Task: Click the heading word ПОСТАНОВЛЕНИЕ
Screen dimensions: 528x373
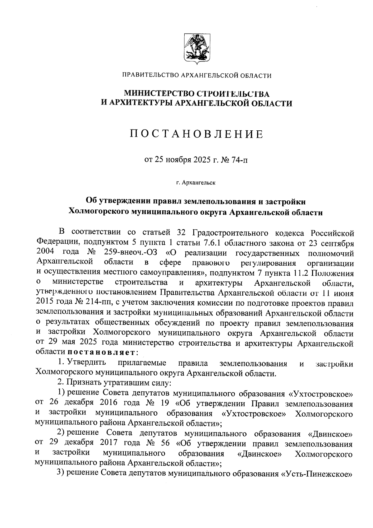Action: [x=196, y=134]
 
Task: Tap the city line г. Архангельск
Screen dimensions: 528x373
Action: [x=196, y=182]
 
